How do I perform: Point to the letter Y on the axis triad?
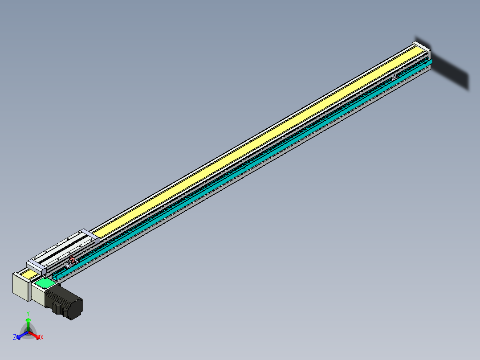(x=28, y=313)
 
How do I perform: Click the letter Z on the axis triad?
(x=15, y=337)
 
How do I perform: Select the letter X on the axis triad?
(x=42, y=338)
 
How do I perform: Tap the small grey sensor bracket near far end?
(x=395, y=77)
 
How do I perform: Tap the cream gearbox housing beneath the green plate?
(x=37, y=294)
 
